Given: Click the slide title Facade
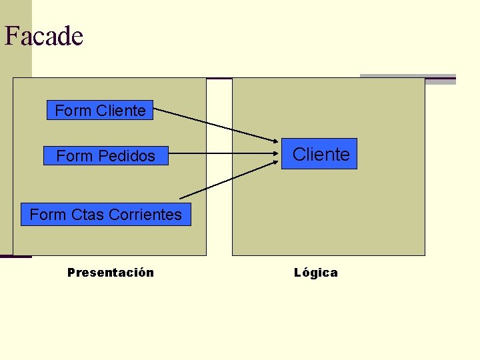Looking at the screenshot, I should (x=44, y=35).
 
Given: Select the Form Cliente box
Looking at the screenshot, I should (x=99, y=110).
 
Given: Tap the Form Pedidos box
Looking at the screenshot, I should (x=105, y=156).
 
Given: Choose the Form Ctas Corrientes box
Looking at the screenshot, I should (x=105, y=215).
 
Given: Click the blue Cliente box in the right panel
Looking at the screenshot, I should (x=319, y=154).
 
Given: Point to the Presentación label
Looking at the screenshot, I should (x=111, y=272).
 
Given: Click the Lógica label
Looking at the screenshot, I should (x=315, y=272).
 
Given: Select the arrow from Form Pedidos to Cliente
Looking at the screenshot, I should (x=220, y=156).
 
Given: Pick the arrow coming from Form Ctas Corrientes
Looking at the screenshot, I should (x=227, y=180).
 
